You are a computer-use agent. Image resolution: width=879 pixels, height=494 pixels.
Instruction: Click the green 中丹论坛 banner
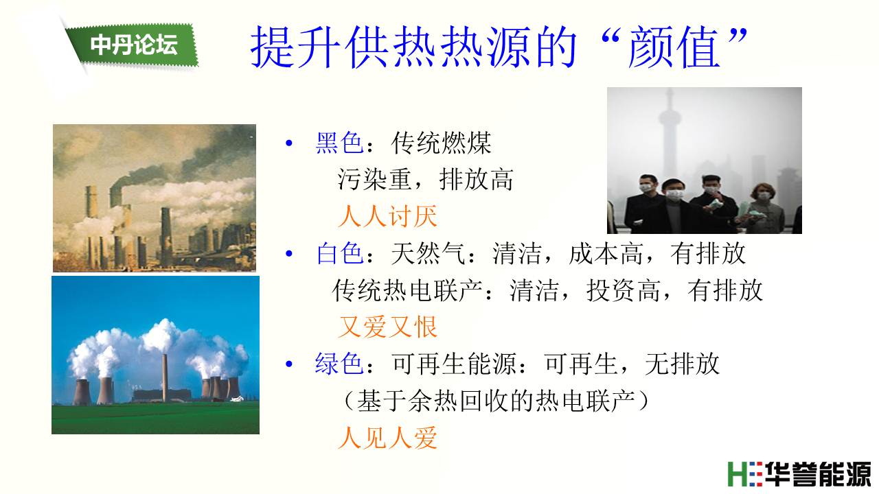tap(133, 45)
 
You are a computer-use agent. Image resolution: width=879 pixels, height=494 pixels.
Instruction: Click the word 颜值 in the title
tap(674, 47)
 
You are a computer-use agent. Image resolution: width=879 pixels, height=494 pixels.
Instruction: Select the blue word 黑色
tap(339, 143)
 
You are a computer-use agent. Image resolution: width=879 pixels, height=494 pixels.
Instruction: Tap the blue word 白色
tap(339, 253)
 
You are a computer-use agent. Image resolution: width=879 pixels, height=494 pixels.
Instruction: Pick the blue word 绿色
tap(339, 364)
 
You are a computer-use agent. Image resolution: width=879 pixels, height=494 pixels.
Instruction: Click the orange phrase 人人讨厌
tap(388, 216)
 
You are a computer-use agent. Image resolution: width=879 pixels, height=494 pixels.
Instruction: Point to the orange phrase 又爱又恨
tap(388, 327)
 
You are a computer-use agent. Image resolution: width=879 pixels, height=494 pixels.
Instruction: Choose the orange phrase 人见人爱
tap(388, 438)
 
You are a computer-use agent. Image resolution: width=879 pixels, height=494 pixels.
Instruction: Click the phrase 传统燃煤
tap(441, 143)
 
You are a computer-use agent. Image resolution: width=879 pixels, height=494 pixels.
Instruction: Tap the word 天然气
tap(428, 253)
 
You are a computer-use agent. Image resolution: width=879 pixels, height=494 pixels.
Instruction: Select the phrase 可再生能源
tap(454, 364)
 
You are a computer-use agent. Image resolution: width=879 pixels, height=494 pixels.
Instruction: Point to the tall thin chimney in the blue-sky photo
tap(165, 377)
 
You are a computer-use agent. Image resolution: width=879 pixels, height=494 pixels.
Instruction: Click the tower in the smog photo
tap(670, 133)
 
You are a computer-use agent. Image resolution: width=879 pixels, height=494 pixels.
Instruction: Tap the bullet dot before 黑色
tap(289, 143)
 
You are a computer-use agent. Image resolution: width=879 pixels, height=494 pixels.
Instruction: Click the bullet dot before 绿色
tap(289, 364)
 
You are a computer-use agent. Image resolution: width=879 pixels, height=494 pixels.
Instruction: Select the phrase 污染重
tap(375, 180)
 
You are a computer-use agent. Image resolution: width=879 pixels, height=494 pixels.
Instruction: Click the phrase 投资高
tap(624, 290)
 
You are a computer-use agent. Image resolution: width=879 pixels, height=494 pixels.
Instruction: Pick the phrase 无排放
tap(683, 364)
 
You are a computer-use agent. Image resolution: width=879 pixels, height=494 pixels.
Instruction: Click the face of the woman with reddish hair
tap(763, 194)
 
